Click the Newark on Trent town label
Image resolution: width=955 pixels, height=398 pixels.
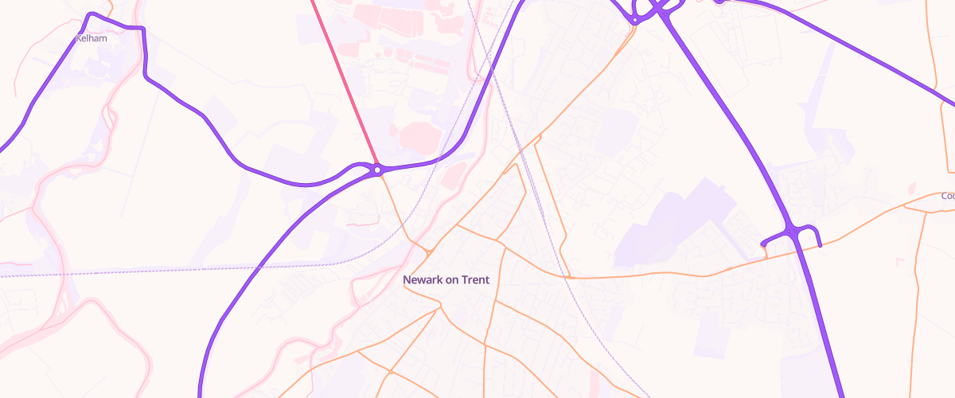(x=446, y=279)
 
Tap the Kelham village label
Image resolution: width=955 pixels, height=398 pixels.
(x=91, y=37)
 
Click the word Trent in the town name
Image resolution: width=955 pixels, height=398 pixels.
(x=473, y=279)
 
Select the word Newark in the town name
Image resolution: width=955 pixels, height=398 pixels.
(x=422, y=279)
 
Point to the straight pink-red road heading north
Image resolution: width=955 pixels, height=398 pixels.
(x=342, y=80)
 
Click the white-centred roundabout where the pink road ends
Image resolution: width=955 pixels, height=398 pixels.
(x=376, y=170)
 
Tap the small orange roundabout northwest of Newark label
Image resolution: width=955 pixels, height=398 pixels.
(x=428, y=252)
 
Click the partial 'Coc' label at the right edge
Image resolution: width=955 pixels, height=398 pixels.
(x=946, y=196)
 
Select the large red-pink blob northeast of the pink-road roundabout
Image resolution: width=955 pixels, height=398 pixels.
(x=419, y=137)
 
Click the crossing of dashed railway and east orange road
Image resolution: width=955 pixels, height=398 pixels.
(x=571, y=278)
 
